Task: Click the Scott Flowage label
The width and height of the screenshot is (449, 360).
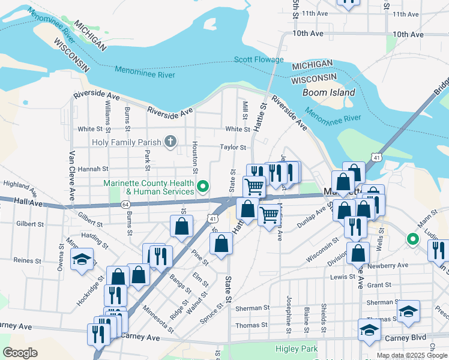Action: click(259, 59)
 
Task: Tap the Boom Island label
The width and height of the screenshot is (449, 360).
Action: click(328, 92)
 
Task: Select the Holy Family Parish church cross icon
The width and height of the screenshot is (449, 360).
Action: click(170, 142)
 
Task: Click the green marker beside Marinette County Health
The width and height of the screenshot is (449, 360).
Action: click(203, 187)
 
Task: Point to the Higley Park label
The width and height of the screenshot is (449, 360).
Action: click(295, 349)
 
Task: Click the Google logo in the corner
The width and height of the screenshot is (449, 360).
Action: click(20, 352)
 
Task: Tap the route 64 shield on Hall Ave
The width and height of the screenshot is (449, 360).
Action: click(125, 204)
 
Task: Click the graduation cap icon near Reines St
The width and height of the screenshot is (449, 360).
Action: click(82, 259)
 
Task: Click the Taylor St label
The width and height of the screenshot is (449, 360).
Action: click(233, 147)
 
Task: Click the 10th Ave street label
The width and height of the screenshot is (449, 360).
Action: click(310, 34)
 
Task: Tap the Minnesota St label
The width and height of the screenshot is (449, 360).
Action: click(158, 319)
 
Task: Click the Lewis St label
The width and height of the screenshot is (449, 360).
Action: click(343, 277)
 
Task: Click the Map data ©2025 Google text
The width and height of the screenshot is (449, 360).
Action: click(412, 355)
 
